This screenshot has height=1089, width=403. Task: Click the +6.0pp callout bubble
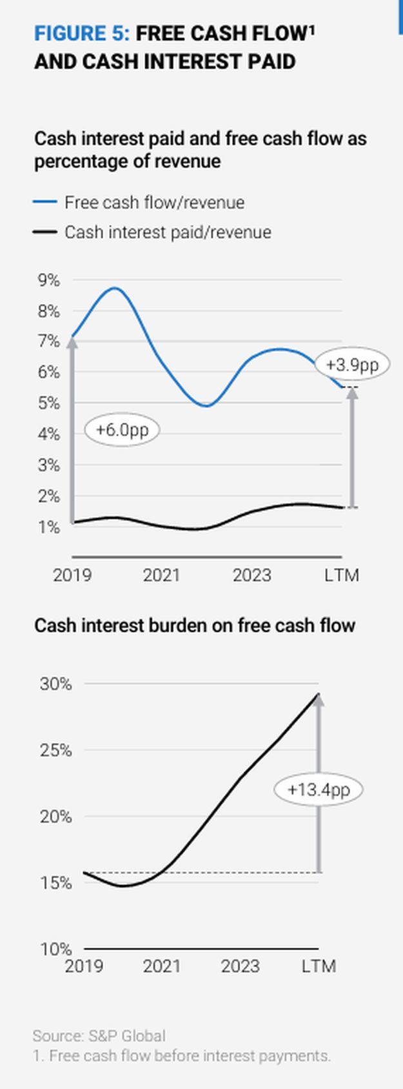coord(122,430)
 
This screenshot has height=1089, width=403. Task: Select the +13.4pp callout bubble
coord(319,789)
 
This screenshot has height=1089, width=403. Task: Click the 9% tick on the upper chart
coord(48,281)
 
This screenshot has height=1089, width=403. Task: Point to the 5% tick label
coord(48,403)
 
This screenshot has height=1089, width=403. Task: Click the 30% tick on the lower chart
coord(56,684)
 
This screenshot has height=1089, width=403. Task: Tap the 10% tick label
coord(56,949)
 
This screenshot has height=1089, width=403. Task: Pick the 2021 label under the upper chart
coord(161,575)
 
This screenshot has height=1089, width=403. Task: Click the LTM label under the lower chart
coord(319,966)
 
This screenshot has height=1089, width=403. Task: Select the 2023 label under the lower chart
coord(240,966)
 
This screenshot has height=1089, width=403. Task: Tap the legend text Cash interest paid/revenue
coord(168,232)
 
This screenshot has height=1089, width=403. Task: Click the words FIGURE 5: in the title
coord(82,33)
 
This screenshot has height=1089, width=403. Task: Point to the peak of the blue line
coord(115,288)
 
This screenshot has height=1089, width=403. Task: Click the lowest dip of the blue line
coord(206,406)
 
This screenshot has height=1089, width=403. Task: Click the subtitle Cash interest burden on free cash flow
coord(195,626)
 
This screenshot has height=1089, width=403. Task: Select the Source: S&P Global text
coord(99,1036)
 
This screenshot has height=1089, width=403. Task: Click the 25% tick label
coord(56,751)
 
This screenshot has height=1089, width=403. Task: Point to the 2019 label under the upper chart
coord(72,575)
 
